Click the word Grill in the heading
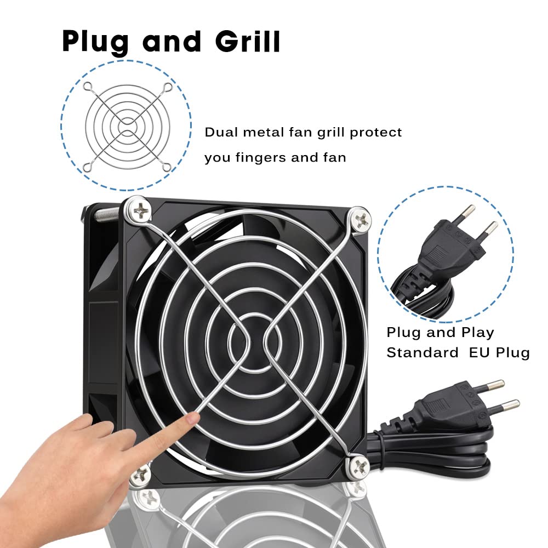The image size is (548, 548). point(248,42)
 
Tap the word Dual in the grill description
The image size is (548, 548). point(221,132)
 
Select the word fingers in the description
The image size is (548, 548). point(261,158)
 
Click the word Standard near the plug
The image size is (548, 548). point(422,352)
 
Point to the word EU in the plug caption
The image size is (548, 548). point(479,352)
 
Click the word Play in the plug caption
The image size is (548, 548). point(477,333)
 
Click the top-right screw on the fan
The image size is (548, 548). point(360,219)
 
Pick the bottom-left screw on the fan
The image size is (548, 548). point(141,474)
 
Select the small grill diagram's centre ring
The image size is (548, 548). point(127,125)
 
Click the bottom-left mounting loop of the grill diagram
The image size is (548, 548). point(87,168)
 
